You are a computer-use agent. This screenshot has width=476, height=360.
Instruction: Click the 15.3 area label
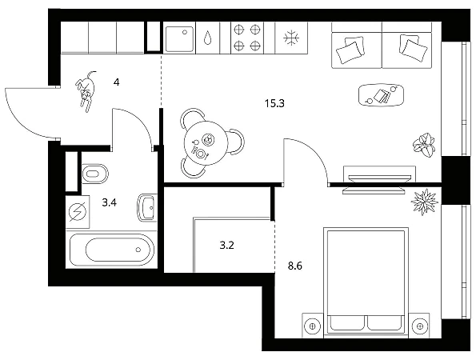pyautogui.click(x=274, y=103)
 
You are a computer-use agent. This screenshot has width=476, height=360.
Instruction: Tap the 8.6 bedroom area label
pyautogui.click(x=294, y=266)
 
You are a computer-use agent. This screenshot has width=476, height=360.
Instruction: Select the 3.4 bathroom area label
pyautogui.click(x=110, y=202)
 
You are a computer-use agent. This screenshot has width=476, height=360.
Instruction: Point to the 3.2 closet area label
pyautogui.click(x=226, y=246)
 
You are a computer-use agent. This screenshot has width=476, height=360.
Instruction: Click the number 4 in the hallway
pyautogui.click(x=117, y=82)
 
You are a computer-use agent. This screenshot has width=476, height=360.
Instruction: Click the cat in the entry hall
pyautogui.click(x=86, y=90)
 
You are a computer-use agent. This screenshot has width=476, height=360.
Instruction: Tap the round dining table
pyautogui.click(x=206, y=143)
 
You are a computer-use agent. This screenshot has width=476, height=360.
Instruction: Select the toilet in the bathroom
pyautogui.click(x=94, y=174)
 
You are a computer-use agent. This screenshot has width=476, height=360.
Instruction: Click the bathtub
pyautogui.click(x=112, y=250)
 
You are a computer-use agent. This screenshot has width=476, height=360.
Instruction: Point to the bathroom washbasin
pyautogui.click(x=147, y=208)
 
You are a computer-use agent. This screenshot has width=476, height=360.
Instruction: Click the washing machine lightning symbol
pyautogui.click(x=78, y=211)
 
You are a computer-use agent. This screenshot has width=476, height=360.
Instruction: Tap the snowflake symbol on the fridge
pyautogui.click(x=291, y=38)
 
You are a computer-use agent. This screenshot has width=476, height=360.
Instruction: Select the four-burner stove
pyautogui.click(x=247, y=38)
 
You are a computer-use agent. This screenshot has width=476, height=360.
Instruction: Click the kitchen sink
pyautogui.click(x=179, y=38)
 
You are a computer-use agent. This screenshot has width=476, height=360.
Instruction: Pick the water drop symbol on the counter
pyautogui.click(x=208, y=38)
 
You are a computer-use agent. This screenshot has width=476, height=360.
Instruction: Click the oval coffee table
pyautogui.click(x=382, y=95)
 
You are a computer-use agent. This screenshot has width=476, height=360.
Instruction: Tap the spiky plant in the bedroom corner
pyautogui.click(x=424, y=202)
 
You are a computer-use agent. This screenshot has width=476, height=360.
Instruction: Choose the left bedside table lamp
pyautogui.click(x=313, y=326)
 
